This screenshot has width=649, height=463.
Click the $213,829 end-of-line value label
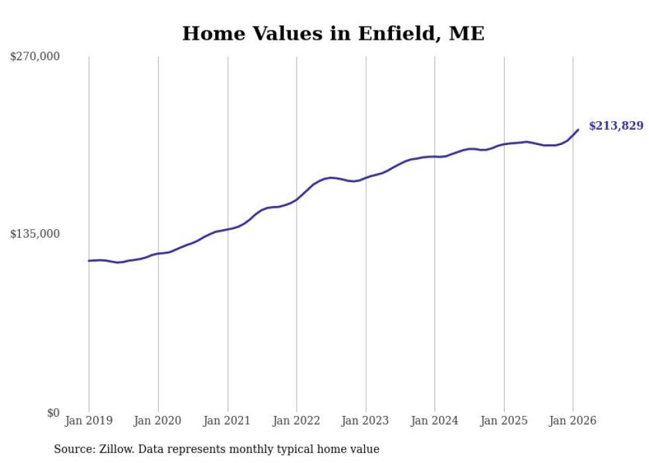[x=615, y=126]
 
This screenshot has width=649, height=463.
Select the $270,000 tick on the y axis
[x=34, y=57]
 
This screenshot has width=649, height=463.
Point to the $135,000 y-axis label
[x=34, y=234]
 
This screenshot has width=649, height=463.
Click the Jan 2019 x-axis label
[x=89, y=421]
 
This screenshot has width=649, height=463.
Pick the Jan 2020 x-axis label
[x=158, y=421]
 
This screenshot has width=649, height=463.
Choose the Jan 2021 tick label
[x=227, y=421]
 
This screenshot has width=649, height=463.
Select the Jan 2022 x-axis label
[x=297, y=421]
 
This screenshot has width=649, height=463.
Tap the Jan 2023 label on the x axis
[x=366, y=421]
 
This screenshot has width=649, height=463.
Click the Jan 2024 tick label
[x=434, y=421]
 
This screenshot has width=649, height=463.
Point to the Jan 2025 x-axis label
[x=504, y=421]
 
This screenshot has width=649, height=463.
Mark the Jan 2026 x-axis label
[x=573, y=421]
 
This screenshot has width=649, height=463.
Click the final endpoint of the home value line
[x=578, y=130]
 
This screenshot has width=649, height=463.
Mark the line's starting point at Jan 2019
[x=89, y=260]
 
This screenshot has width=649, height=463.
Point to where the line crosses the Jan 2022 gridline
[x=297, y=199]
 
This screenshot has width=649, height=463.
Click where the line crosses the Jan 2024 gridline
[x=434, y=156]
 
